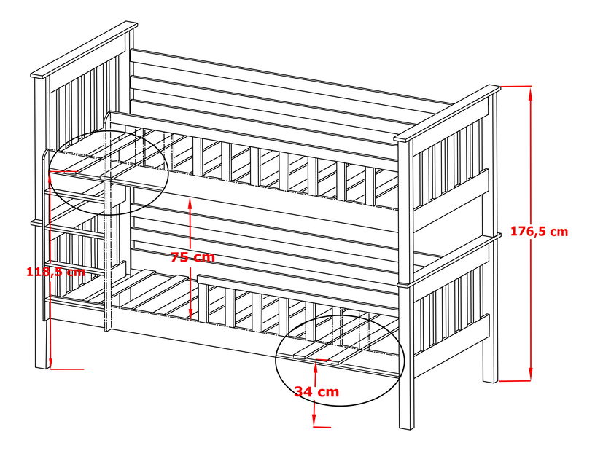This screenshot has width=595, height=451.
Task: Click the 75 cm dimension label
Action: (192, 257)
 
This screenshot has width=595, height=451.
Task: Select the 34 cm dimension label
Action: (316, 391)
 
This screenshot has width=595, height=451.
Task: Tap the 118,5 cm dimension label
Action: (55, 271)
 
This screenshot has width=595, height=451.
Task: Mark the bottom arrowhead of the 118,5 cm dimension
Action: (51, 364)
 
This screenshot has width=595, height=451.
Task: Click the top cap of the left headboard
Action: (84, 51)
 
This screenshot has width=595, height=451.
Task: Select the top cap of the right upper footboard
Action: (447, 114)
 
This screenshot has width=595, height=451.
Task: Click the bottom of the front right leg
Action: (406, 427)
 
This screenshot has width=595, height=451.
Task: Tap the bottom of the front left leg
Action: (42, 365)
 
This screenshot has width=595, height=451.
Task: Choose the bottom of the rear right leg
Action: (490, 379)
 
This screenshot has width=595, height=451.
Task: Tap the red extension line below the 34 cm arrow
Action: (322, 427)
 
